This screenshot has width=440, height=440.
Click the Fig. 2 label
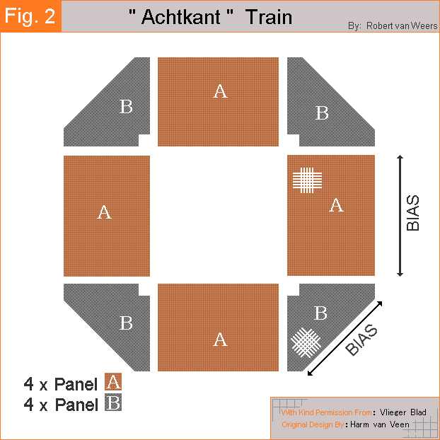pos(30,16)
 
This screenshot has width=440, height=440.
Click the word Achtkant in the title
pos(181,17)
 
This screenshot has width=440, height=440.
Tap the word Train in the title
pos(269,17)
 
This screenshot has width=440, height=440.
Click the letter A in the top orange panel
pos(220,91)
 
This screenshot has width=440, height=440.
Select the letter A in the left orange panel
pos(104,212)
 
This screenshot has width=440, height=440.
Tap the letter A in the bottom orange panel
pos(220,340)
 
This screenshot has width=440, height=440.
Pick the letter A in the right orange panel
pos(336,205)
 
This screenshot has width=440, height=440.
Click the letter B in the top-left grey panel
pos(126,107)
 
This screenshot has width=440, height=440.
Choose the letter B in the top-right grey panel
pos(322,112)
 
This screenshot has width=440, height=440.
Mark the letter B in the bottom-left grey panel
pos(126,323)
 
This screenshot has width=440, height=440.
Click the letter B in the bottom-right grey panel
pos(320,313)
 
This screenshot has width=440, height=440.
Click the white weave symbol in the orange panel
pos(307,180)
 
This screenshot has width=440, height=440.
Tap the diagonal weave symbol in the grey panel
pos(306,342)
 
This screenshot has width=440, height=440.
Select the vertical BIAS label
pos(413,213)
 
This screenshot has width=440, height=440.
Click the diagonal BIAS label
pos(361,340)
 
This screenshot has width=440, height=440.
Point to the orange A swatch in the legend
pos(113,381)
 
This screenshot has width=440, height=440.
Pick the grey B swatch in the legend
pos(113,403)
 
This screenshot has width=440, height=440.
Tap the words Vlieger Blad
pos(403,412)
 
